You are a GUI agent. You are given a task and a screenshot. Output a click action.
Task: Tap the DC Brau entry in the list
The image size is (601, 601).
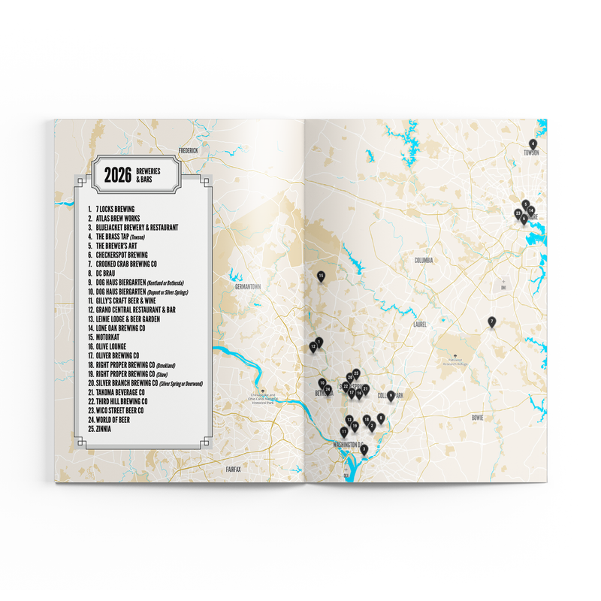pos(105,274)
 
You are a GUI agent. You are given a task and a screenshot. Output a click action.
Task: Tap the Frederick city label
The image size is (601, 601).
pos(188,150)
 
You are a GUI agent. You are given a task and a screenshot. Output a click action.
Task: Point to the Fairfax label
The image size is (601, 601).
pos(234,468)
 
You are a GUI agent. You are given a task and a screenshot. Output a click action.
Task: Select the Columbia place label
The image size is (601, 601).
pos(425,260)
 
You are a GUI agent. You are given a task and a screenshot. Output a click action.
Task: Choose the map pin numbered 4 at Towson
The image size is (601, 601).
pos(533,143)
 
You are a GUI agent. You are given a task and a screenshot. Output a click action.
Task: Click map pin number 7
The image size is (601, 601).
pos(491,322)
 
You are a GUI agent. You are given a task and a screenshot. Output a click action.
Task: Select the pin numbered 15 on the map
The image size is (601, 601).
pos(321,276)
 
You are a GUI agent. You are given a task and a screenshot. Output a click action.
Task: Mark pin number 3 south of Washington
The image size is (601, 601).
pos(364,449)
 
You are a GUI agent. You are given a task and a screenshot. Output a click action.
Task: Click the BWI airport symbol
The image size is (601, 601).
pos(503,286)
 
